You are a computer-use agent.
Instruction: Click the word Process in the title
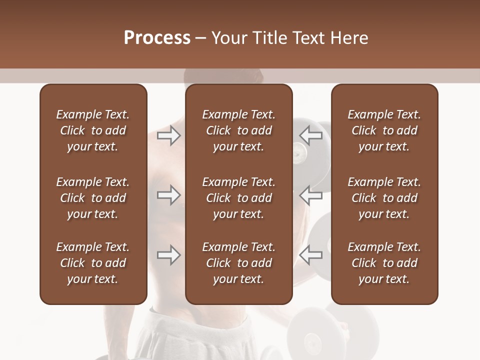click(x=157, y=38)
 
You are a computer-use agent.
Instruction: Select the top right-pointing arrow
click(x=168, y=135)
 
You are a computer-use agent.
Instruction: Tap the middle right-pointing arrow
click(x=168, y=195)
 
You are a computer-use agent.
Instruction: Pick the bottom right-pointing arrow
click(x=168, y=255)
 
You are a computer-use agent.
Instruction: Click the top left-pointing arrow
click(x=311, y=135)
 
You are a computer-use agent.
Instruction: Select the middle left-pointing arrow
click(x=311, y=195)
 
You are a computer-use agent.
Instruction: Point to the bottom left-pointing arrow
click(x=311, y=255)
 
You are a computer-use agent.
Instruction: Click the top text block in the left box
click(x=93, y=130)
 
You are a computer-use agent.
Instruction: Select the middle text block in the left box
click(x=93, y=198)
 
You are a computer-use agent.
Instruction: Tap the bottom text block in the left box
click(x=93, y=263)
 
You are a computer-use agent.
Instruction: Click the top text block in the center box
click(x=238, y=130)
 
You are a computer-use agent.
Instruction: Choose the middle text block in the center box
click(x=238, y=198)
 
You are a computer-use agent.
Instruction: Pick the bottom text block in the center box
click(x=238, y=263)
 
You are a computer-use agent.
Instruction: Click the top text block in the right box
click(x=384, y=130)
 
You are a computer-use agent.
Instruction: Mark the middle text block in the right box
click(x=384, y=198)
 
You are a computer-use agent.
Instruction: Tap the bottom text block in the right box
click(x=384, y=263)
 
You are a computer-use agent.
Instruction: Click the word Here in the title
click(x=349, y=38)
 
